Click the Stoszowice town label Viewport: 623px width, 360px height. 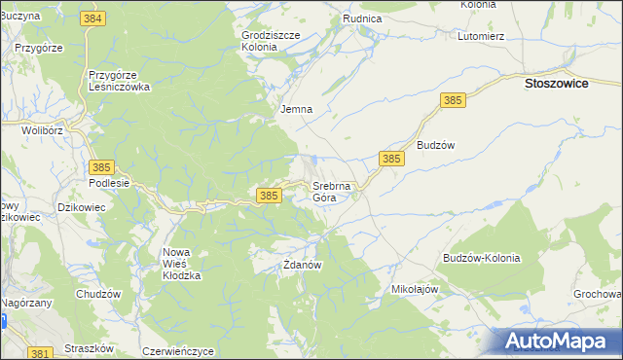(x=562, y=84)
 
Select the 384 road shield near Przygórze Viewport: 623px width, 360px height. (x=94, y=19)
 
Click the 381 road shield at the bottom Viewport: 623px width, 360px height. (x=40, y=353)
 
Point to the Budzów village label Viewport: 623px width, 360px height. (x=436, y=144)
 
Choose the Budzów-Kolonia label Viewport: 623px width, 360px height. (x=481, y=258)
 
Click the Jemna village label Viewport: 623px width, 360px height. (x=296, y=109)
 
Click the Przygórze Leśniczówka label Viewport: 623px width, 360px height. (x=119, y=80)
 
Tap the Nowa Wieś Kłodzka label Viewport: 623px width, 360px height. (x=181, y=264)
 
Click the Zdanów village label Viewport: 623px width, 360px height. (x=302, y=264)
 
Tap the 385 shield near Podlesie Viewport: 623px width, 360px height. (x=101, y=167)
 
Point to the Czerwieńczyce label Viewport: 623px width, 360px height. (x=177, y=351)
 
